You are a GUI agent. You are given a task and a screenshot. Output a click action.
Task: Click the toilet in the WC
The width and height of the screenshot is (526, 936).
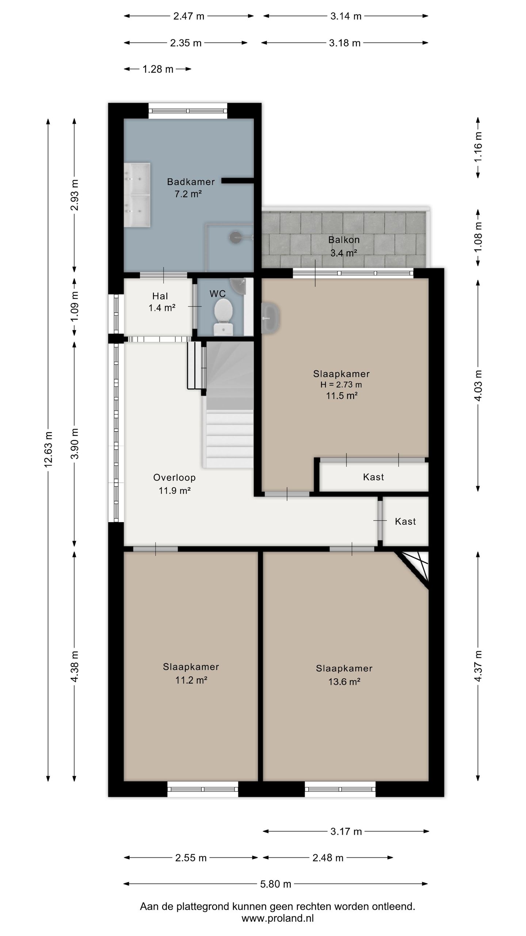[224, 316]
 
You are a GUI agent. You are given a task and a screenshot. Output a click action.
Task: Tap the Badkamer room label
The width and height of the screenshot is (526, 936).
[191, 182]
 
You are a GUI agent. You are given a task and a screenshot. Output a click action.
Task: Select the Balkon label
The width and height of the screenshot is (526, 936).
[344, 240]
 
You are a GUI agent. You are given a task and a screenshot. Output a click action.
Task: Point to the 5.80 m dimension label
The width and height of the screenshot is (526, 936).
[275, 884]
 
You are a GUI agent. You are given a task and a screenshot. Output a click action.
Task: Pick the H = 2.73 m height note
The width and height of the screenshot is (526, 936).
[341, 385]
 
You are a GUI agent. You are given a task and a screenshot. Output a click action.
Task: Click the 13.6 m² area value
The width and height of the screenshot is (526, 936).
[344, 682]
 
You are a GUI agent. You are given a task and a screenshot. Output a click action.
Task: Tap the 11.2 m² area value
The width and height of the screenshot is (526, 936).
[191, 680]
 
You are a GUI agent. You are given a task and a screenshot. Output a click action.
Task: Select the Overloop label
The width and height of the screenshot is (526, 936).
[174, 478]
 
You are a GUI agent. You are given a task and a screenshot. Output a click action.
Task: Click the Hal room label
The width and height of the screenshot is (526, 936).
[160, 296]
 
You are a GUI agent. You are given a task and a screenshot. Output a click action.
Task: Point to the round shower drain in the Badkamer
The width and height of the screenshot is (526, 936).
[235, 237]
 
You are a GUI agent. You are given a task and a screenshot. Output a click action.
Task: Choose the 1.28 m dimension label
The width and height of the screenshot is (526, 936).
[158, 69]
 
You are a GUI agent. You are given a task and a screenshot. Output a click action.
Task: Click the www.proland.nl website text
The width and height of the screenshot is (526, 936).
[278, 918]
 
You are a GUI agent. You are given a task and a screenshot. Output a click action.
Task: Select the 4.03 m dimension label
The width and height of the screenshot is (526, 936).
[478, 386]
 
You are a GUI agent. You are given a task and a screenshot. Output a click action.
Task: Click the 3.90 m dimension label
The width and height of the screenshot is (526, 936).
[75, 444]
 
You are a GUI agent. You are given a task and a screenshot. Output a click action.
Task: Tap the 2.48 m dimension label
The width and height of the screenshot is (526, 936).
[328, 858]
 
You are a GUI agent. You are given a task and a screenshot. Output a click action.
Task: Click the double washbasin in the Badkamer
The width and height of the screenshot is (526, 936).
[137, 195]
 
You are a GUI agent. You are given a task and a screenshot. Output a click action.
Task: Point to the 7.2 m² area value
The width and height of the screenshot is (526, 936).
[188, 194]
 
